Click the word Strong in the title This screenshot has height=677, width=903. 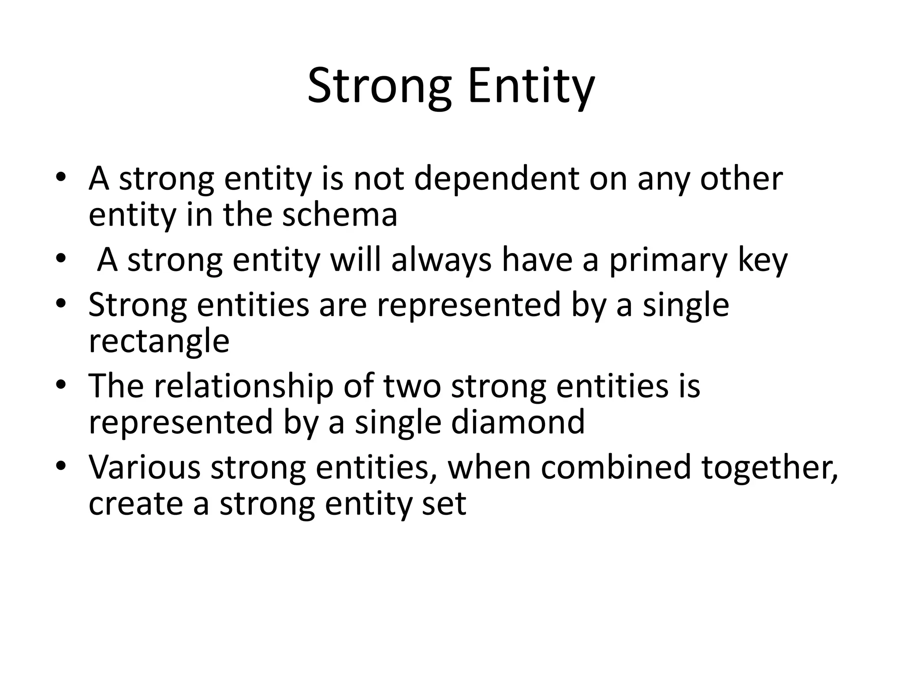tap(379, 86)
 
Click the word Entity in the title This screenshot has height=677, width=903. tap(531, 86)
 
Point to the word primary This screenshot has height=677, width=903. tap(668, 261)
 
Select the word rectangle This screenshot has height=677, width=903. tap(159, 342)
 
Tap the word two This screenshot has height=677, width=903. tap(412, 386)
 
